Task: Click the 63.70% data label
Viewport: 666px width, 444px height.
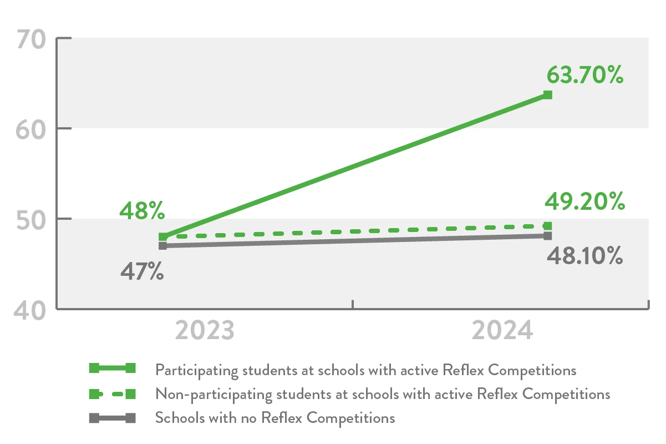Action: [585, 75]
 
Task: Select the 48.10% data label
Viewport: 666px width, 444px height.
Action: [585, 256]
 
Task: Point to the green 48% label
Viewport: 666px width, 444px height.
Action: [142, 211]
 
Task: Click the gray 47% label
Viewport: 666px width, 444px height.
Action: [142, 272]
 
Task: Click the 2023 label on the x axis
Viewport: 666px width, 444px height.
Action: [205, 331]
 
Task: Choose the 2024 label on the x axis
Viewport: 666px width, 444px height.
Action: [502, 331]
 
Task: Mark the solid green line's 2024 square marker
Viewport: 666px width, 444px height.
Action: [547, 95]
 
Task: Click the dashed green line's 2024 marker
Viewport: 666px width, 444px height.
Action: [547, 226]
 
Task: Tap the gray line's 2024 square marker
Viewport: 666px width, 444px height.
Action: [547, 236]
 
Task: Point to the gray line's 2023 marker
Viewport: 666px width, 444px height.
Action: [163, 245]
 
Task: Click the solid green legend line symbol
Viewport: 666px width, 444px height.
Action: [113, 368]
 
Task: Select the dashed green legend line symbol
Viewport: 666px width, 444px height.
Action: [113, 394]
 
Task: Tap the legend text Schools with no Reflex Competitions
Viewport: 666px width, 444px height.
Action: [275, 418]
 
